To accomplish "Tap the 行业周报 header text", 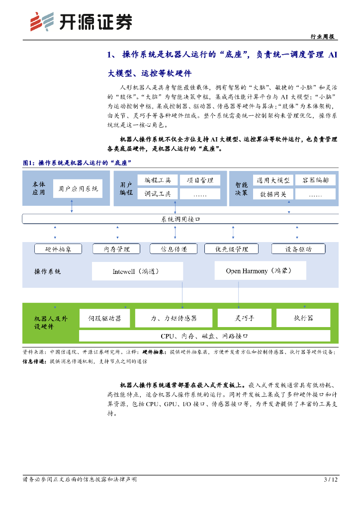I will [322, 37].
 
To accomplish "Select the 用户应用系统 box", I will [78, 189].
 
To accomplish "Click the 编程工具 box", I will [158, 180].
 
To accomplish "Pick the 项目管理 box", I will [200, 180].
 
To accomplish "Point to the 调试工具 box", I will [158, 194].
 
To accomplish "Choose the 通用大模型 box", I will [273, 180].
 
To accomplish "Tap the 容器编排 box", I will [315, 180].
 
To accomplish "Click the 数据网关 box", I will [273, 194].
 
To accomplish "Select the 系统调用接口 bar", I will [180, 219].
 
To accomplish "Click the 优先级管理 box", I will [232, 249].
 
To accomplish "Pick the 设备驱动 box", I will [298, 249].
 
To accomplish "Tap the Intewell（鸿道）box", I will [137, 271].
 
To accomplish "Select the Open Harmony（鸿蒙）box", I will [260, 271].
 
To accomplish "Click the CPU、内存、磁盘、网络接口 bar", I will [204, 336].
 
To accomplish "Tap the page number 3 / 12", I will [331, 480].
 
